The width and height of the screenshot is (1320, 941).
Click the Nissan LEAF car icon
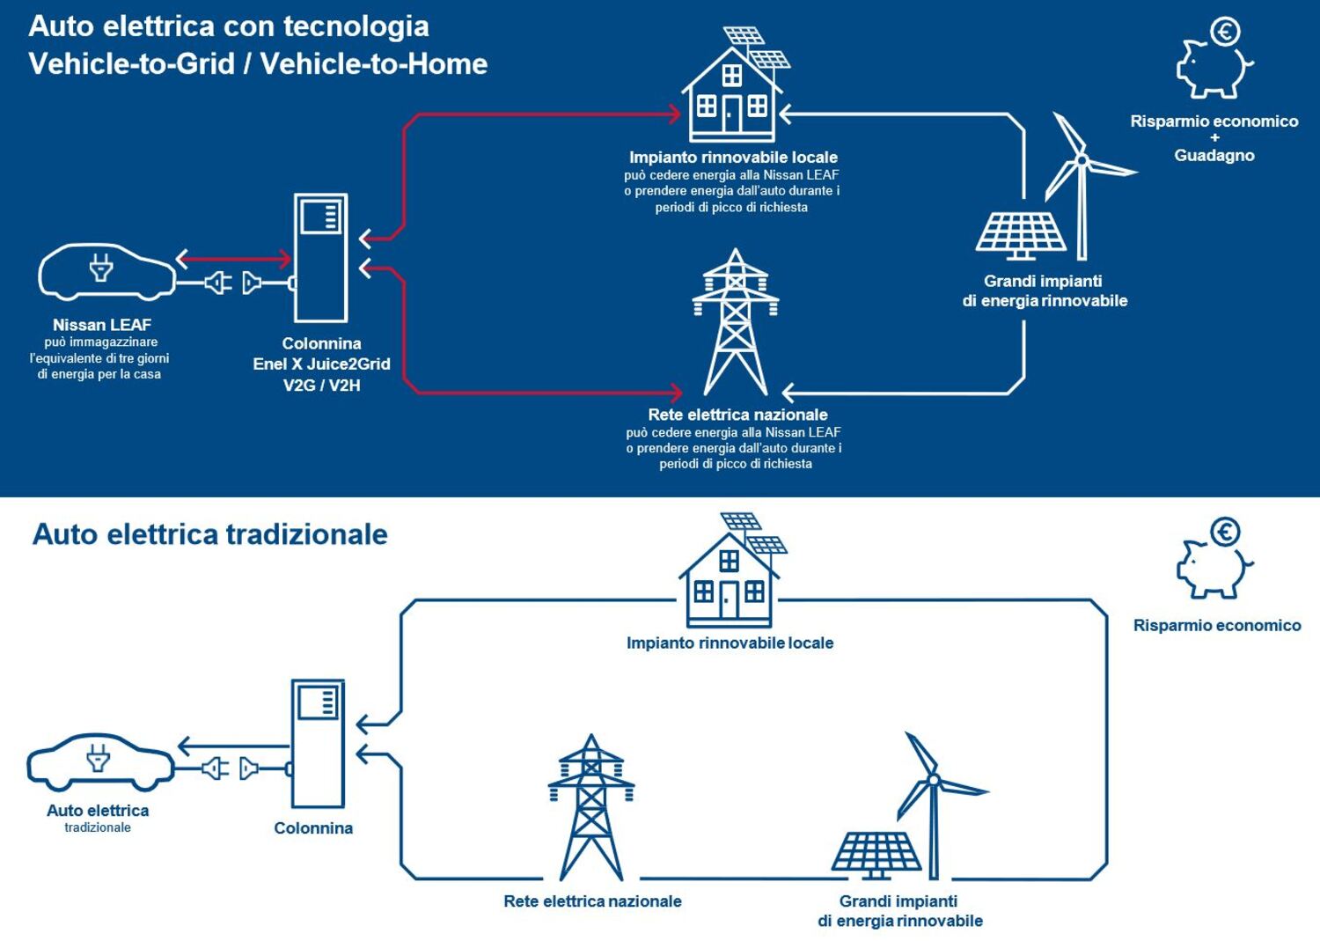(x=106, y=271)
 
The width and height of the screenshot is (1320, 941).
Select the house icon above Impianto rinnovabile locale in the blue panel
(x=735, y=85)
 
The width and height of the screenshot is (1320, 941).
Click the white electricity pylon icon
(x=736, y=322)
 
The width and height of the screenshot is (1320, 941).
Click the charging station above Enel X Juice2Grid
(x=320, y=258)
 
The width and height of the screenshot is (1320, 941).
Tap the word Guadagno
(x=1214, y=156)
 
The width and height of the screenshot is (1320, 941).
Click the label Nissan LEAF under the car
(x=102, y=325)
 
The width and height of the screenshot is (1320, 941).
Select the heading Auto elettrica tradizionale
(x=209, y=535)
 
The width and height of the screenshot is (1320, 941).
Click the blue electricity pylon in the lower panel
(x=591, y=807)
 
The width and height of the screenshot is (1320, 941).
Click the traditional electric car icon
(x=101, y=761)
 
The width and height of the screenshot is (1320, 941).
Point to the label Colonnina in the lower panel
(x=313, y=828)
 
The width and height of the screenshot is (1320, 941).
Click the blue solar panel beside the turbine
(x=876, y=855)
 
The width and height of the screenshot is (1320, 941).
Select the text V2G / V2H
(x=322, y=386)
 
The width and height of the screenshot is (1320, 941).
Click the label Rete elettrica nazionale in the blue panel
(x=737, y=415)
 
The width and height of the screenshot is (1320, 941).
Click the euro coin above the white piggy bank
(x=1225, y=31)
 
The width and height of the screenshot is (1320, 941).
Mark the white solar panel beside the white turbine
(x=1021, y=236)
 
